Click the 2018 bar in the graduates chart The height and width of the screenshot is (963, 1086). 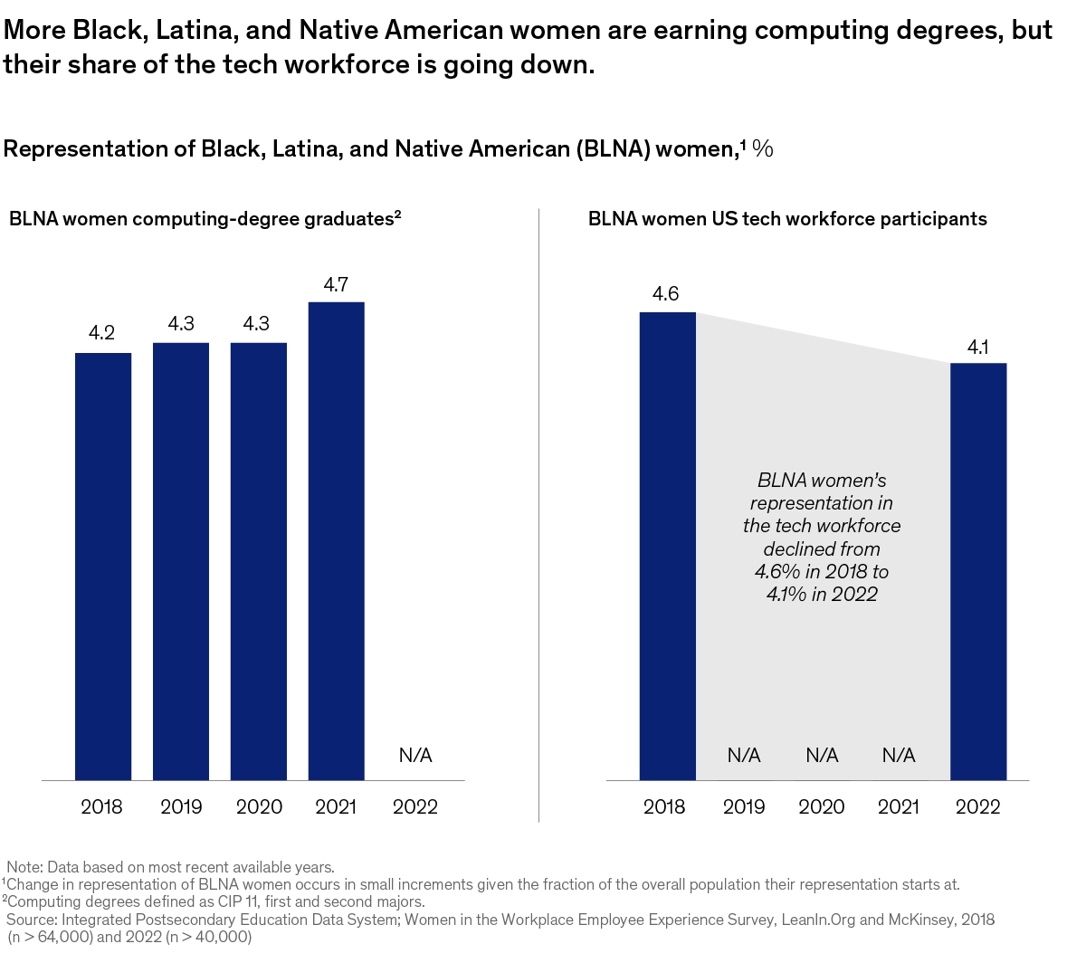pos(103,566)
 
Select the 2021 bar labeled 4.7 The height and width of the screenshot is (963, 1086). pos(336,540)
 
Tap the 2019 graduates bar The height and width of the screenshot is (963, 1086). pos(181,561)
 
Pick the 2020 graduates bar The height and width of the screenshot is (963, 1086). pos(259,561)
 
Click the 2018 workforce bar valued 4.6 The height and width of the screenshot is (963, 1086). pos(667,546)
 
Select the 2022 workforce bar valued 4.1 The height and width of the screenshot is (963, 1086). pos(978,571)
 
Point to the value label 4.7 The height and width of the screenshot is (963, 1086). pos(336,285)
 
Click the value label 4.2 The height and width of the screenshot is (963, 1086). pos(101,334)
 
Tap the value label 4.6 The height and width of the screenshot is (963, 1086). pos(665,294)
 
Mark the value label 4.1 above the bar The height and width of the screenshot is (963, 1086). pos(977,347)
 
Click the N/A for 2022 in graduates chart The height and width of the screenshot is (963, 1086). pos(415,755)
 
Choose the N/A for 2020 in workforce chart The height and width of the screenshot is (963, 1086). pos(822,755)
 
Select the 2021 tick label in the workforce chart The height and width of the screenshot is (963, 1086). pos(899,806)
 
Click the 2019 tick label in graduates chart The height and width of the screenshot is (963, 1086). pos(181,806)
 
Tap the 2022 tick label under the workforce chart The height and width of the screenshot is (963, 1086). pos(977,806)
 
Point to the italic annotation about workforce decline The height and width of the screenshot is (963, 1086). pos(822,537)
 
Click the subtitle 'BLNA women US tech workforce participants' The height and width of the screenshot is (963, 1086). pos(787,219)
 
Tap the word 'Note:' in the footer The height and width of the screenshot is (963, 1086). pos(24,867)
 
